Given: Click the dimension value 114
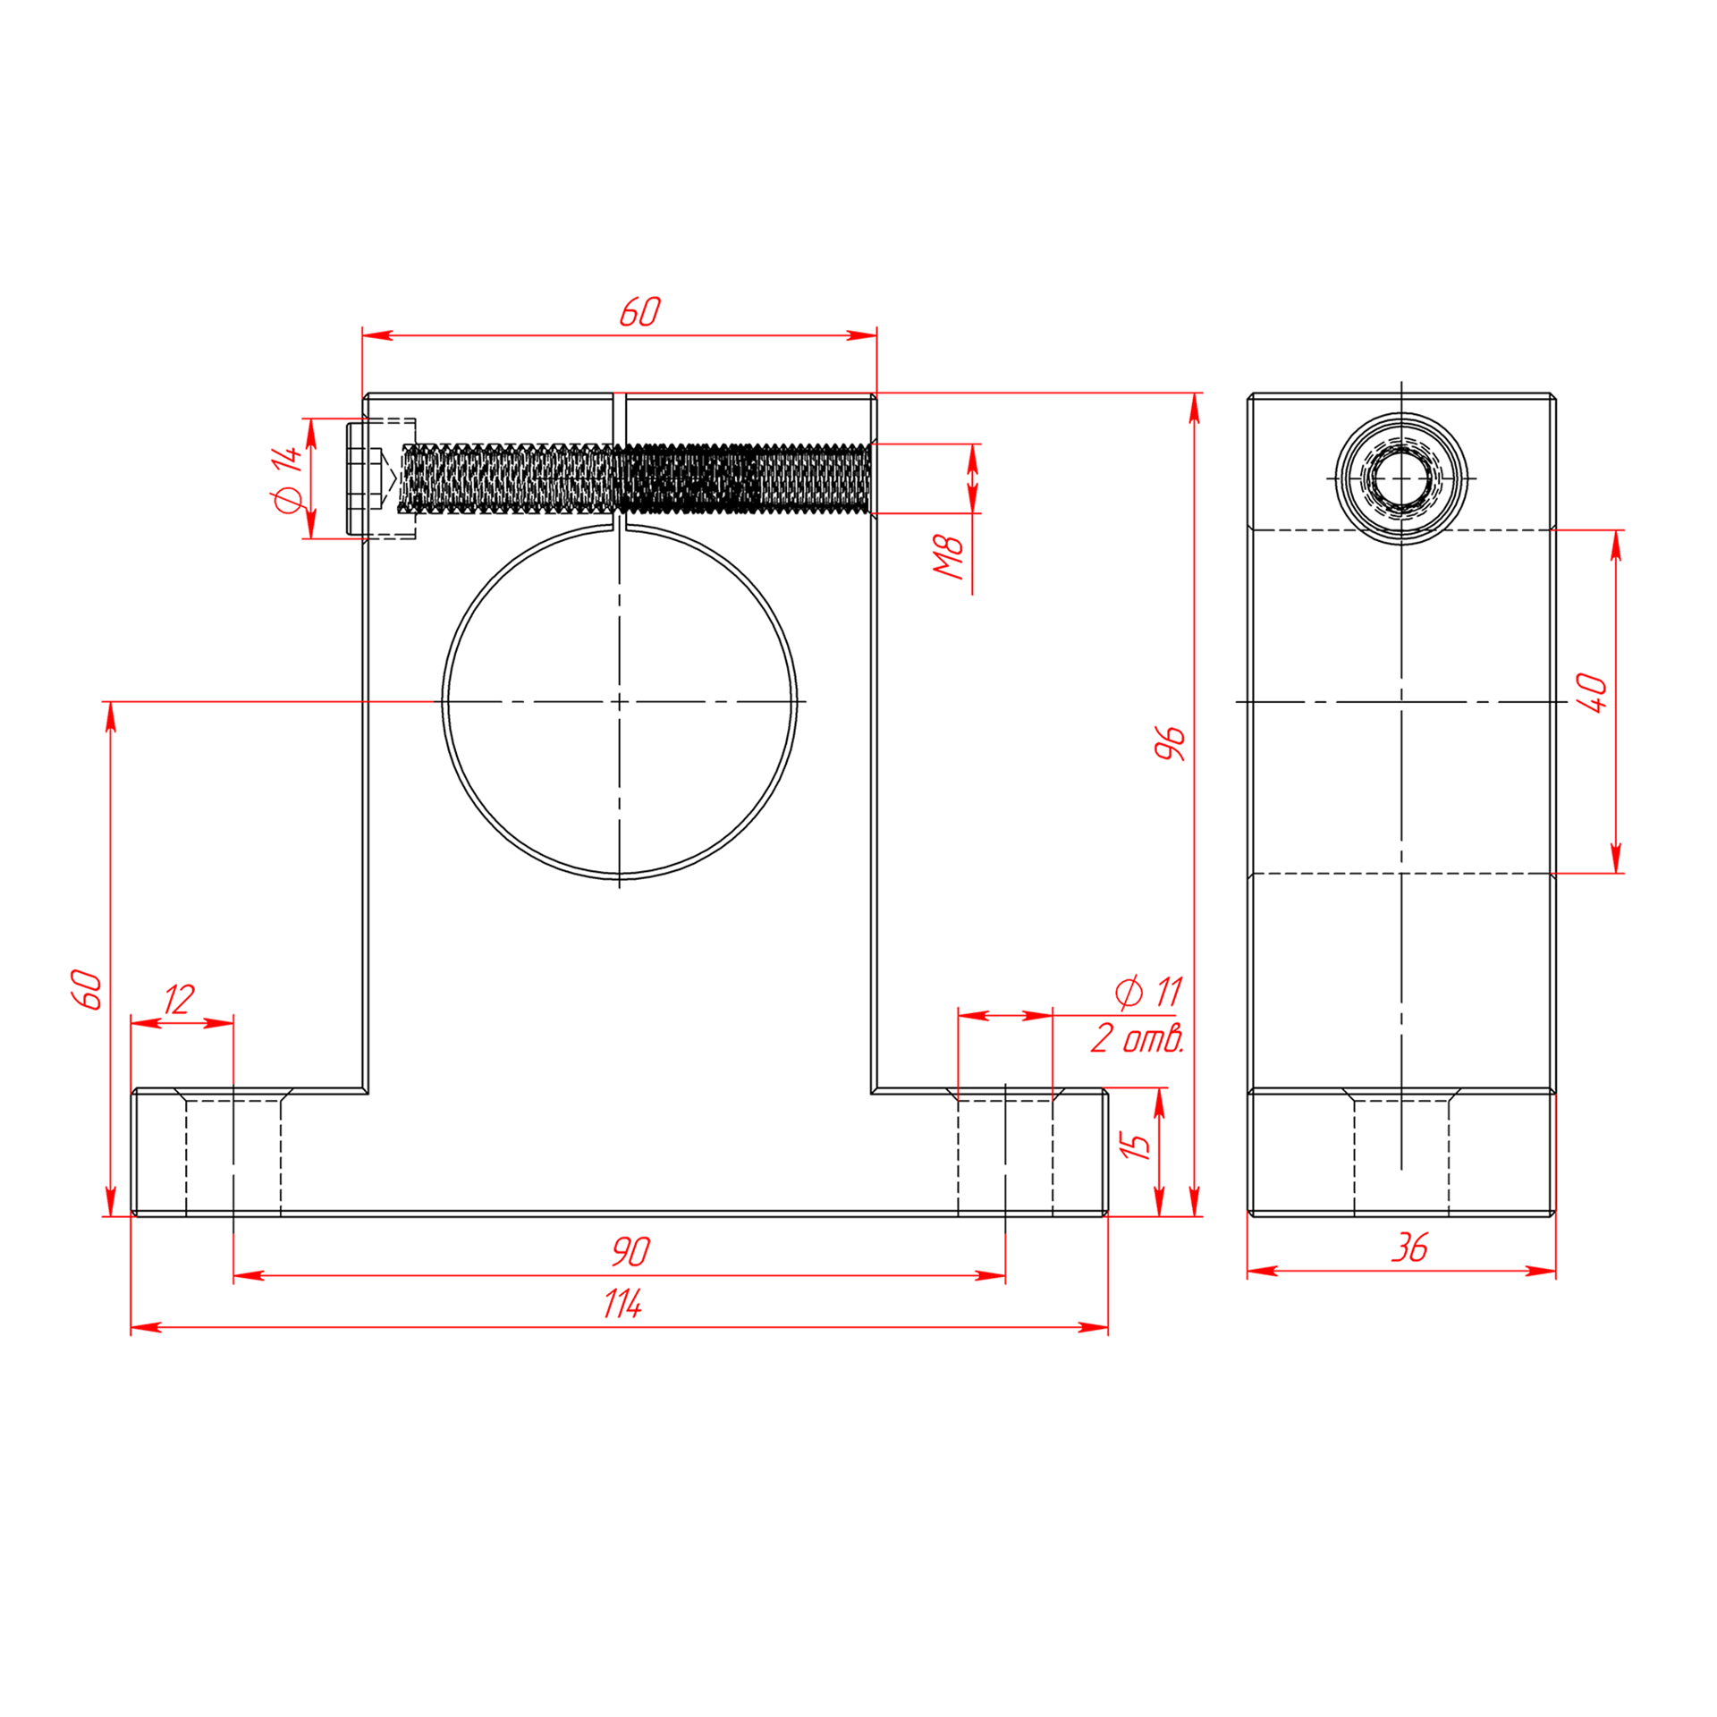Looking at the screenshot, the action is pos(622,1304).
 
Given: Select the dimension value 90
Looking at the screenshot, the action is pos(630,1252).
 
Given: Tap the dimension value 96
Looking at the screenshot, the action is pos(1170,744).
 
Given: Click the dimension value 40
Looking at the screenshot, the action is pos(1592,693).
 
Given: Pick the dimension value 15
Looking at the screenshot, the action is pos(1135,1146).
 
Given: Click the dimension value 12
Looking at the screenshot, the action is pos(179,1000).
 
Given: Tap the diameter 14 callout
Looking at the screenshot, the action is pos(288,479).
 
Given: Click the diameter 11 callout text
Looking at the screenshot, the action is pos(1149,992).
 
